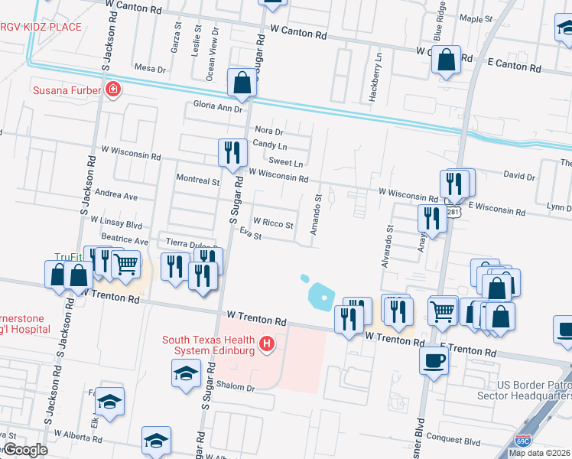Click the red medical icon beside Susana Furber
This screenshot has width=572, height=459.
[x=113, y=90]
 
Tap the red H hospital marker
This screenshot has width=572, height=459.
[x=267, y=344]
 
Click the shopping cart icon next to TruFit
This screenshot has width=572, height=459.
[x=125, y=265]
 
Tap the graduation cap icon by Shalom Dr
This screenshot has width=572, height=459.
[x=185, y=374]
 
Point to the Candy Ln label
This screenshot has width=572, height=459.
[x=270, y=145]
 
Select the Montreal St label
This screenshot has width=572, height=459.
[x=198, y=181]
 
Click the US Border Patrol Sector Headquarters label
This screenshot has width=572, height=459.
[x=525, y=390]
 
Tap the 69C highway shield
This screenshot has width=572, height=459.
[x=523, y=441]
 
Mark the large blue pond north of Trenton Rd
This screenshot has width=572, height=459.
[x=323, y=294]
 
